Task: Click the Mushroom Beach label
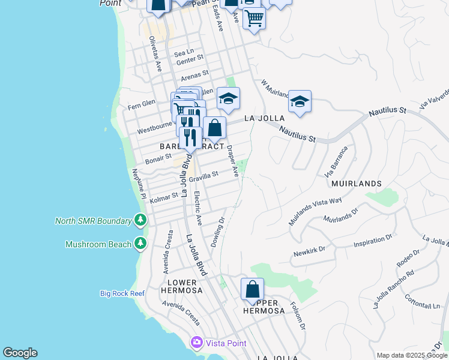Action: tap(98, 244)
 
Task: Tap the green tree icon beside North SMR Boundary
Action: tap(140, 220)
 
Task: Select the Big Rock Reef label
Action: tap(122, 293)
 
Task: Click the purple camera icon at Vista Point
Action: tap(196, 343)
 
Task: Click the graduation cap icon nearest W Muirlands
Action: tap(299, 101)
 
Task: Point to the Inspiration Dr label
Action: tap(372, 241)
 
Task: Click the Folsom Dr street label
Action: tap(299, 319)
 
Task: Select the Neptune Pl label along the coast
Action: tap(139, 185)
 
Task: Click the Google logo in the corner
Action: tap(20, 353)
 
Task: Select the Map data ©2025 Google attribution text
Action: tap(411, 355)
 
